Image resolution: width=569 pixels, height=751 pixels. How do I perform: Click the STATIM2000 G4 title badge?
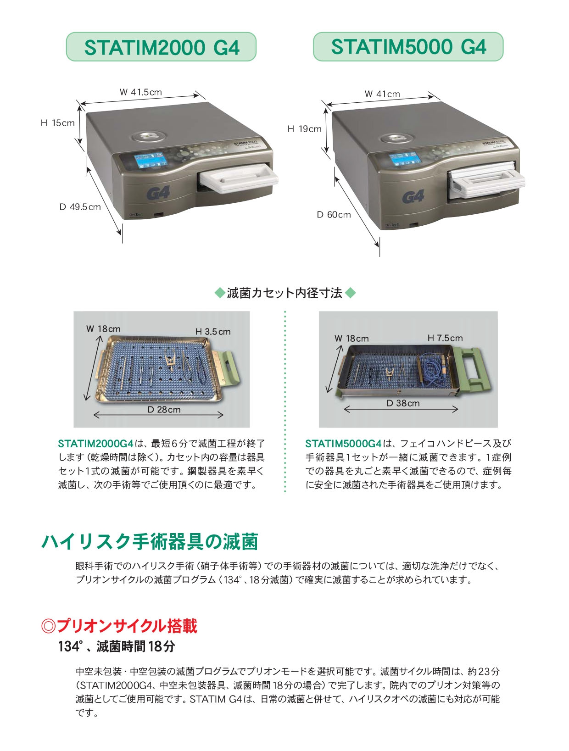point(161,47)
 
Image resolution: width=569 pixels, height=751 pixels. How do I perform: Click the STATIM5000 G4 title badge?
point(408,46)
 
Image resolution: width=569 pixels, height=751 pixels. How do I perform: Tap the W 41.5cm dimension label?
point(140,92)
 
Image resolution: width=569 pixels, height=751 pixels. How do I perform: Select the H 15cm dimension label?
point(57,123)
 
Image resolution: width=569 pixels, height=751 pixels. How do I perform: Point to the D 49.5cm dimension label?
point(80,207)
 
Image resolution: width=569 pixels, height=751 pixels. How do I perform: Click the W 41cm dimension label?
point(382,94)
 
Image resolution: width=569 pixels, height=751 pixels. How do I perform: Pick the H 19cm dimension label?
point(305,129)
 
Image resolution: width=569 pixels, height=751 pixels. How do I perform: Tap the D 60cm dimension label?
point(334,215)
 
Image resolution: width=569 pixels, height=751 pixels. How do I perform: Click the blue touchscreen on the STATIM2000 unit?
point(151,160)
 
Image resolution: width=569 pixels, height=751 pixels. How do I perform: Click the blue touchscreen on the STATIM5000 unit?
point(404,160)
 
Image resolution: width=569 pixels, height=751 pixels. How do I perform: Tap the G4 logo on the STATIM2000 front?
point(158,193)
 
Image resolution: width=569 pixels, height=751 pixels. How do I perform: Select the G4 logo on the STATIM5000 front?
point(413,197)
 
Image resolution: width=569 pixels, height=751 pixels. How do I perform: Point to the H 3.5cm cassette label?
point(213,332)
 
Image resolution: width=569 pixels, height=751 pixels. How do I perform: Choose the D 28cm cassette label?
point(164,410)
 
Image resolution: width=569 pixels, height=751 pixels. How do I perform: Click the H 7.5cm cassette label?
point(445,338)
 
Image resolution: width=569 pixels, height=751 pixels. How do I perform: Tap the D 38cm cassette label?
point(403,403)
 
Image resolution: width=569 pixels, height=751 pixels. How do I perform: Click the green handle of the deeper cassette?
point(474,370)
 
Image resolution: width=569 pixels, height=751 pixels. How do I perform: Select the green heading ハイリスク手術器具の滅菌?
point(150,542)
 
